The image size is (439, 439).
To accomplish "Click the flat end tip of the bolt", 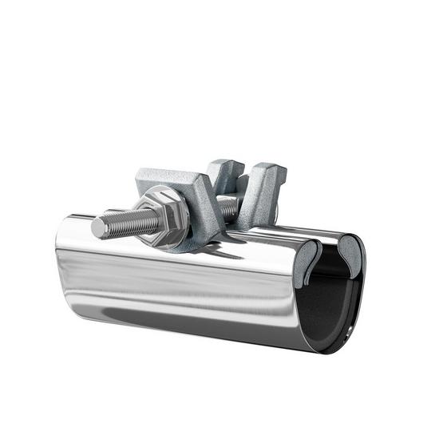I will tap(97, 228).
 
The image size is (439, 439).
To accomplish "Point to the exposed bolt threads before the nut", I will tap(124, 223).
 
